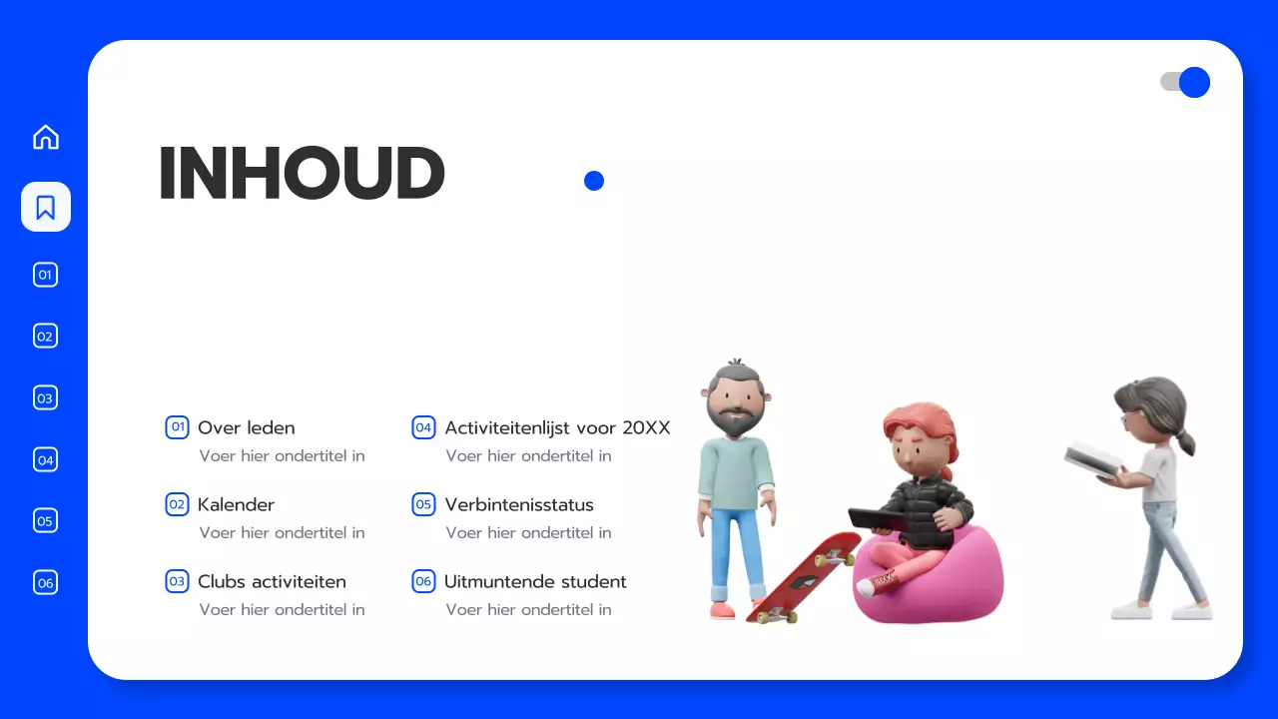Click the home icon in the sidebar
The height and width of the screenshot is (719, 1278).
click(46, 137)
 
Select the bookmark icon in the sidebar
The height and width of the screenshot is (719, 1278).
click(46, 207)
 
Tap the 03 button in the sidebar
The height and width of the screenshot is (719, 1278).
click(46, 397)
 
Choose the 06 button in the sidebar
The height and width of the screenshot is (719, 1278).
click(46, 582)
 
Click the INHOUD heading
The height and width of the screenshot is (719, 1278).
click(302, 175)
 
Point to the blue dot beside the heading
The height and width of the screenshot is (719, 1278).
click(594, 181)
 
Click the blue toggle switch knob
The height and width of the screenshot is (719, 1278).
click(1194, 82)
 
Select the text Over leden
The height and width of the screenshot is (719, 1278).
click(246, 427)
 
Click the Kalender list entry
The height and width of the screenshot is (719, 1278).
click(236, 504)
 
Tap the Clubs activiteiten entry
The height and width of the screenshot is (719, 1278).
click(272, 581)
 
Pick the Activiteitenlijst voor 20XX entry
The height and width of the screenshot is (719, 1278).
click(557, 427)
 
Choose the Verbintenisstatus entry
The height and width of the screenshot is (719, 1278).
click(519, 504)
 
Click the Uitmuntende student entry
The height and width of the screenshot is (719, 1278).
click(535, 581)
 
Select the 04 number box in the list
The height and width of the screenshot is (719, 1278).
click(423, 427)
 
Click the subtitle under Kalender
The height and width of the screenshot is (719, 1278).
click(282, 532)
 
